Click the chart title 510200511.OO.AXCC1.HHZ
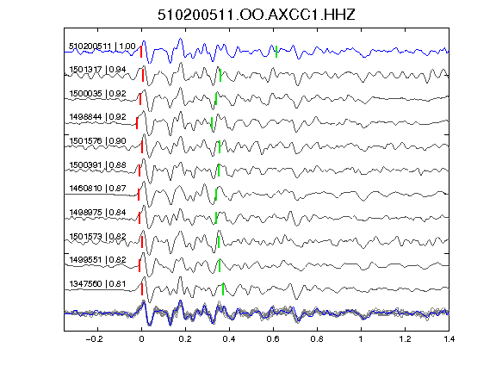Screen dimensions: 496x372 [257, 15]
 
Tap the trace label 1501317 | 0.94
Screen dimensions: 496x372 [97, 70]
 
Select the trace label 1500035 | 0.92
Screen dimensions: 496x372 [97, 94]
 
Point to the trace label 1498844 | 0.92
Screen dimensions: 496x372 [97, 117]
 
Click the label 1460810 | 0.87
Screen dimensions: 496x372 [97, 189]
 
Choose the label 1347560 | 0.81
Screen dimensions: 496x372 [97, 284]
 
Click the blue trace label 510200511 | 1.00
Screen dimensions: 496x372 [102, 46]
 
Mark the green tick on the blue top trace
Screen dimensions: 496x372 [276, 52]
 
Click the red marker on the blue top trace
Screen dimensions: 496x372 [141, 52]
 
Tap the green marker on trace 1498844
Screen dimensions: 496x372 [212, 123]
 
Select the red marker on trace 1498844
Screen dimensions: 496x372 [137, 123]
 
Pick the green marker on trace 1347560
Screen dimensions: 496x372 [223, 289]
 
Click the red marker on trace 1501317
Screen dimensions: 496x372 [143, 76]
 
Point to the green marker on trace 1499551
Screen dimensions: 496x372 [220, 265]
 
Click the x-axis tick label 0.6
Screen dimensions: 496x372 [273, 339]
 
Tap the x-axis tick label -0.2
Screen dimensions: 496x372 [95, 339]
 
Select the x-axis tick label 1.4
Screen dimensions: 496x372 [449, 339]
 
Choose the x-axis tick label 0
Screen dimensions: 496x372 [141, 339]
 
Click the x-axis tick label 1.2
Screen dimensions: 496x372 [406, 339]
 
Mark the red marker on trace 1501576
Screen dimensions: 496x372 [142, 147]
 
